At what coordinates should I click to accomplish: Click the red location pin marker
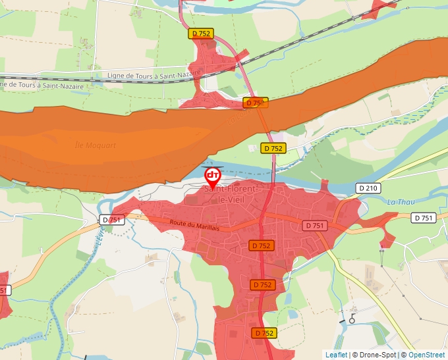pos(213,176)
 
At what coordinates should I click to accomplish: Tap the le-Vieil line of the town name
pos(227,199)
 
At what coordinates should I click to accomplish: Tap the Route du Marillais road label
pos(194,225)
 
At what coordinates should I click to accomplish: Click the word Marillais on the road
pos(206,227)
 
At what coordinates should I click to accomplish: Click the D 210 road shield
pos(368,188)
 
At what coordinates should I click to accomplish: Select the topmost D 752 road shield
pos(201,33)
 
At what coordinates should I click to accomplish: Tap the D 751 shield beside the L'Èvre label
pos(113,220)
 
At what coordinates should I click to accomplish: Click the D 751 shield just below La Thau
pos(424,218)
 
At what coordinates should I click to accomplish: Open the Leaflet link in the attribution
pos(336,355)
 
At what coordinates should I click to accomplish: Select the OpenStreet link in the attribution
pos(427,355)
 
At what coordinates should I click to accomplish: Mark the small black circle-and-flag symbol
pos(352,319)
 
